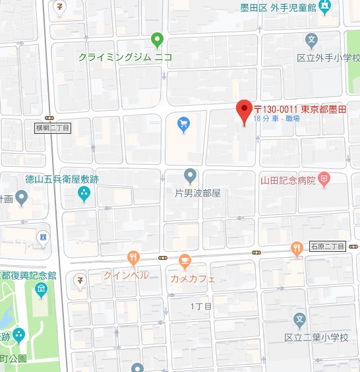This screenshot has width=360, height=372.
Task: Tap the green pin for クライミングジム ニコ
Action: click(157, 40)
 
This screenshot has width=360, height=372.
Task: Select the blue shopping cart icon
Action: click(184, 122)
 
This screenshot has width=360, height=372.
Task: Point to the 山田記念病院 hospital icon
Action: click(324, 179)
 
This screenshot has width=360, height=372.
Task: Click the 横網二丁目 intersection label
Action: click(53, 127)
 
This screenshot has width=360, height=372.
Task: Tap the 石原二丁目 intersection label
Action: click(328, 246)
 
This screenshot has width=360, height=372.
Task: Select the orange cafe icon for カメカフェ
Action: click(185, 261)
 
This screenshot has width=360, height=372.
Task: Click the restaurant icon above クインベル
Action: click(133, 258)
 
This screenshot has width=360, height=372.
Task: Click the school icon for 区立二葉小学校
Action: click(299, 321)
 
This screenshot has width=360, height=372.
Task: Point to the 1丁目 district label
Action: click(201, 307)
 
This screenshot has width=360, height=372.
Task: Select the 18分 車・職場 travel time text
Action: click(280, 119)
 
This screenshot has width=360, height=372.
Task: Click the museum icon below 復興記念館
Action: click(41, 289)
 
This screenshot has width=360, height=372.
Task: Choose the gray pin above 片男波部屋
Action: click(190, 175)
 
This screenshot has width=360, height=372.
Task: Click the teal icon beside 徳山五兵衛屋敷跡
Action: click(84, 193)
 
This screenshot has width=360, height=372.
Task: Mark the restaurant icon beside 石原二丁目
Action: click(296, 248)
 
